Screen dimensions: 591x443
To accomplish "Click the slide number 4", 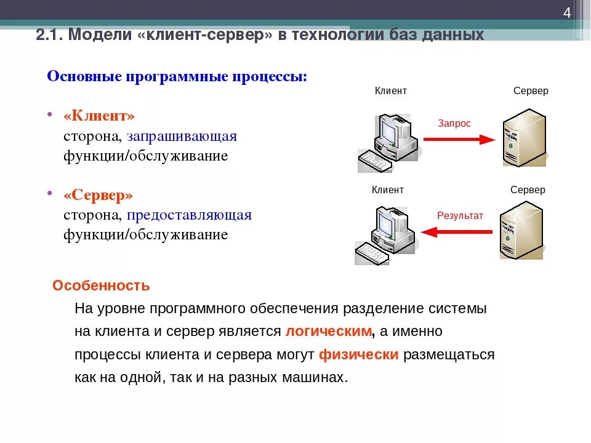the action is pyautogui.click(x=567, y=14).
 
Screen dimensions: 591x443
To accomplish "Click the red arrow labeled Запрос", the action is pyautogui.click(x=459, y=139).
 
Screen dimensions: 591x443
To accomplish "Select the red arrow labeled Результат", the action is pyautogui.click(x=456, y=232).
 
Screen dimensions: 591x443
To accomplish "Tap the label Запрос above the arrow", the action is pyautogui.click(x=454, y=124).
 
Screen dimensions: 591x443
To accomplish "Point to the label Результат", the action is pyautogui.click(x=460, y=215).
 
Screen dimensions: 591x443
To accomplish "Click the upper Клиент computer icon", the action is pyautogui.click(x=388, y=142).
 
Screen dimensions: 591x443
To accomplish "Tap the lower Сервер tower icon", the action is pyautogui.click(x=521, y=231).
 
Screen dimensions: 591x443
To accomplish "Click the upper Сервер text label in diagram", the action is pyautogui.click(x=531, y=91).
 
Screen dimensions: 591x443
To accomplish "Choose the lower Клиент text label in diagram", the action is pyautogui.click(x=388, y=190).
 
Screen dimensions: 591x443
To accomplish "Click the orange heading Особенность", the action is pyautogui.click(x=101, y=286).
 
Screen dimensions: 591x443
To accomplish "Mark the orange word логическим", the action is pyautogui.click(x=329, y=332).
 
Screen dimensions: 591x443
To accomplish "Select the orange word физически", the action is pyautogui.click(x=359, y=355).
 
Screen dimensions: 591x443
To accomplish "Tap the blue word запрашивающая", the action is pyautogui.click(x=182, y=136).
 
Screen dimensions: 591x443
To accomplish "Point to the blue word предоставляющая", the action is pyautogui.click(x=190, y=215).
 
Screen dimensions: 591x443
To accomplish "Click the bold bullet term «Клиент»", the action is pyautogui.click(x=99, y=116).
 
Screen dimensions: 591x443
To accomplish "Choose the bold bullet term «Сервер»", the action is pyautogui.click(x=98, y=195).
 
